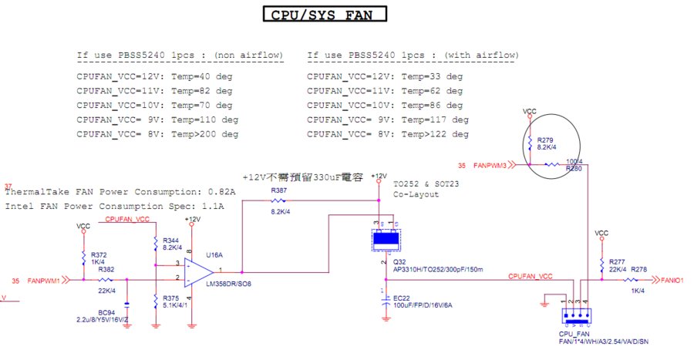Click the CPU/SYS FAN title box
tap(324, 15)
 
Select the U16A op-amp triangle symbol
tap(200, 271)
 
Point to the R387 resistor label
tap(278, 190)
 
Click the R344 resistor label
tap(170, 241)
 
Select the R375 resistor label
tap(170, 297)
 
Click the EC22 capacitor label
tap(401, 298)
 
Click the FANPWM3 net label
tap(491, 165)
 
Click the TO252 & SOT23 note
tap(421, 186)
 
